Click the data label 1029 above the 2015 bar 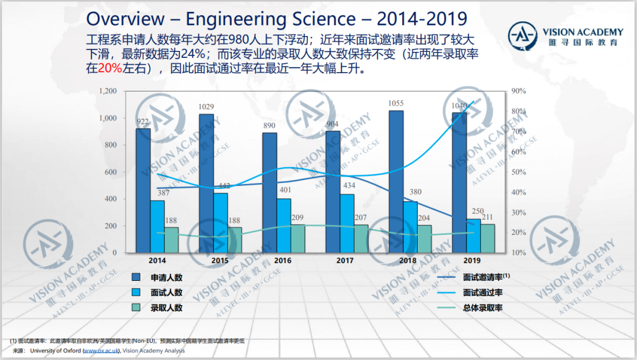[206, 107]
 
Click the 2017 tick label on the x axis [344, 260]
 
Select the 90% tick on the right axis [518, 91]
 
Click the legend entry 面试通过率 [482, 293]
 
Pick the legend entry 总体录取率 [482, 307]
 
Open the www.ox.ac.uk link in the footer [101, 351]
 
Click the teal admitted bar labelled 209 [297, 238]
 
